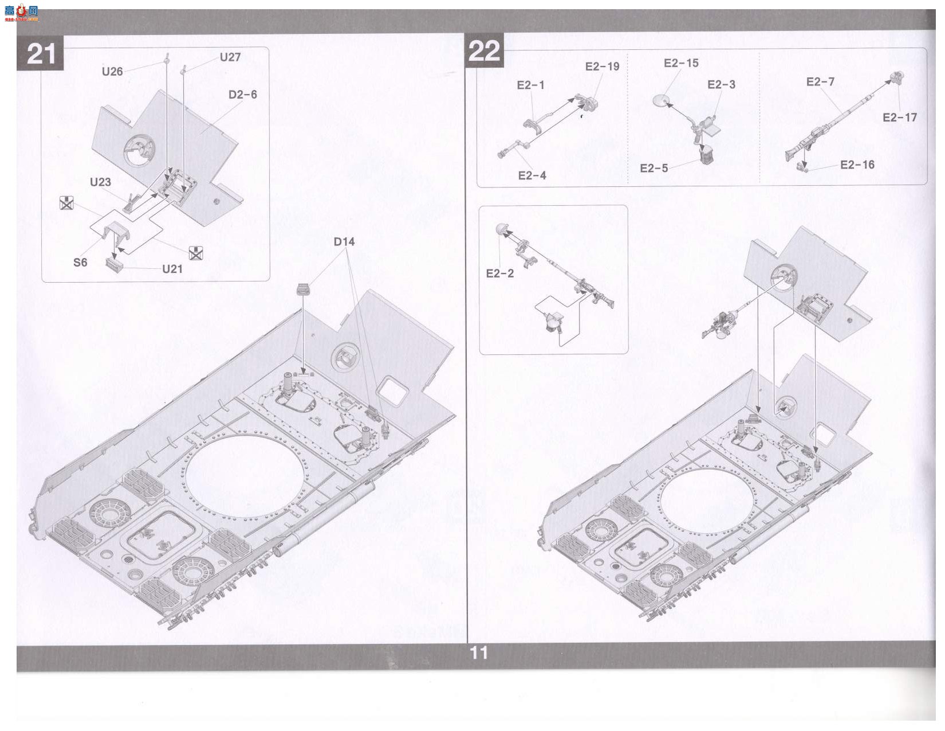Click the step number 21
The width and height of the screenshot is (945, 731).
coord(41,54)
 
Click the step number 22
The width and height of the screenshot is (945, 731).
coord(484,52)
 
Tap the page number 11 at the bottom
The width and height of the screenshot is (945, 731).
coord(479,653)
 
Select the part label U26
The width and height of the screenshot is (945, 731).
coord(112,72)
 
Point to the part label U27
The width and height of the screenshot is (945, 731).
coord(230,57)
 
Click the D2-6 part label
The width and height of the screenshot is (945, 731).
coord(243,95)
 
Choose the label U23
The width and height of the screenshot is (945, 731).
coord(100,182)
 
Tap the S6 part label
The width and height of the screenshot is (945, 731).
coord(80,262)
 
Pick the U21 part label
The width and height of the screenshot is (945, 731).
coord(172,269)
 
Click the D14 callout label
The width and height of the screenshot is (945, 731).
coord(344,241)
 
